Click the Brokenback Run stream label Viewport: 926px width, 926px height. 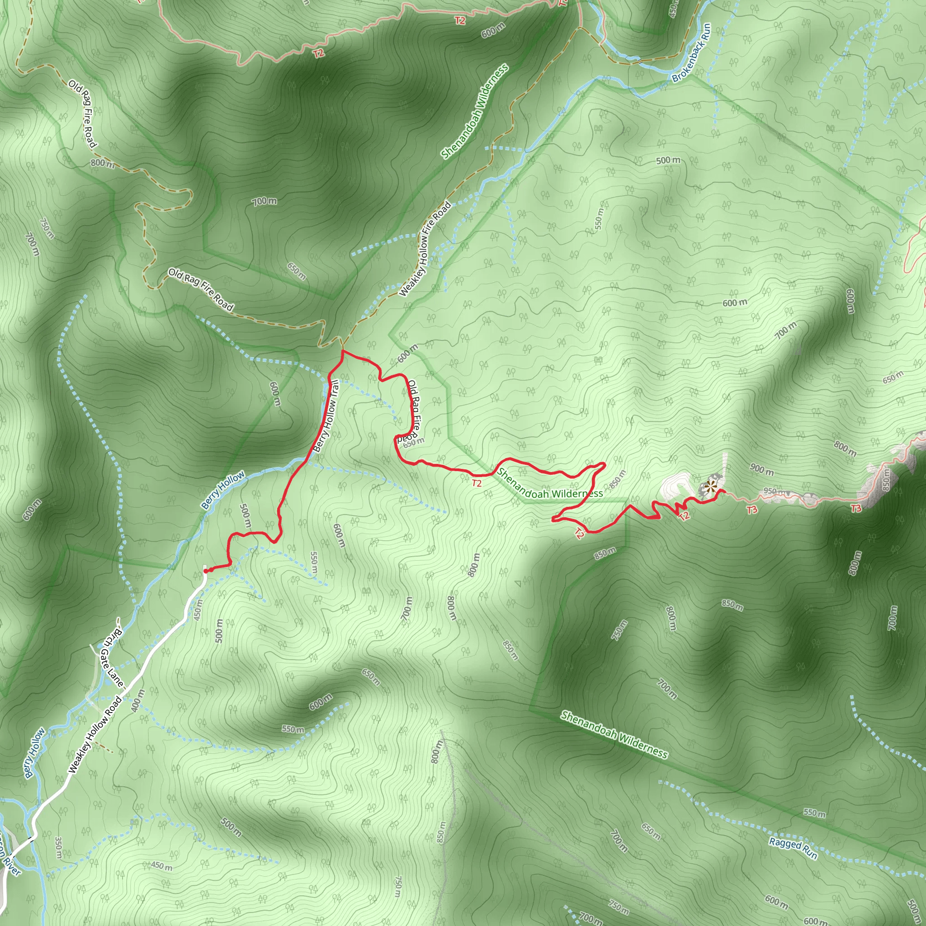692,53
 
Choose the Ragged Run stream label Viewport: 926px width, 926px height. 793,848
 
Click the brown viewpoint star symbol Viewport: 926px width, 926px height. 712,487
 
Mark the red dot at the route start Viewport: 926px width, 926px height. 206,571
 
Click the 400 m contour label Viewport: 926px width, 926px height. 137,701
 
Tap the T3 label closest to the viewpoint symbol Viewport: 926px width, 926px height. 752,510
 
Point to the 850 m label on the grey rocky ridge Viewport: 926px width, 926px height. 886,479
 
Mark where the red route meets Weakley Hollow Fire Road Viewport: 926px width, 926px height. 342,351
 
